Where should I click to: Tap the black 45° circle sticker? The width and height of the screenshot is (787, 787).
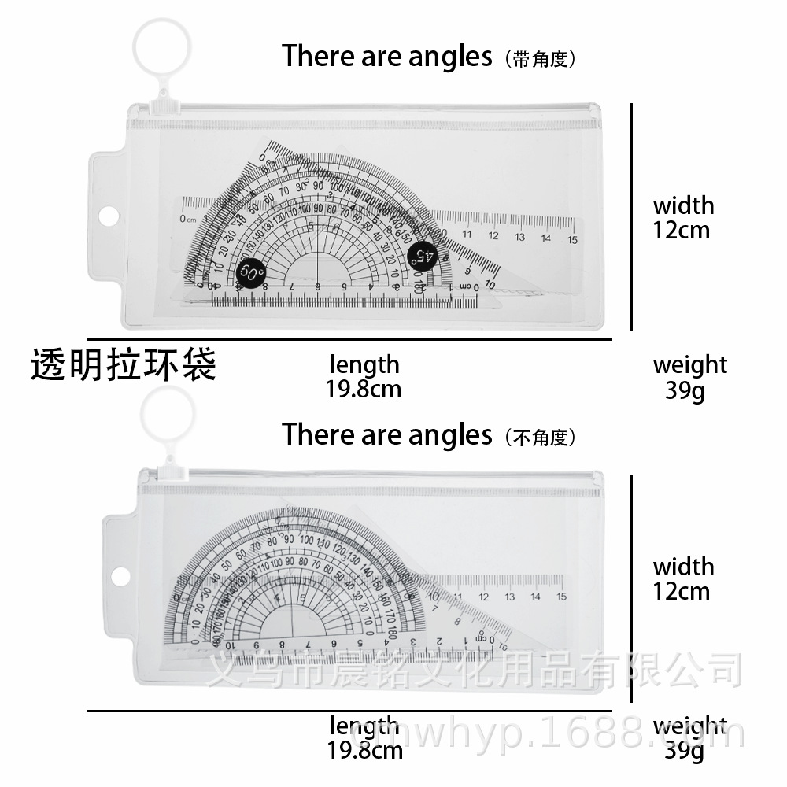(422, 255)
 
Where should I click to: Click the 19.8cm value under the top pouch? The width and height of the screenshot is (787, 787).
(364, 389)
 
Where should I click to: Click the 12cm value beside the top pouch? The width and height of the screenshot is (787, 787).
(682, 231)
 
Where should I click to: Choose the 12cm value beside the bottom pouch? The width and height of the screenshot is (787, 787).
(682, 591)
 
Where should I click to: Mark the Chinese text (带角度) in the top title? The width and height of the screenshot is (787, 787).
(543, 59)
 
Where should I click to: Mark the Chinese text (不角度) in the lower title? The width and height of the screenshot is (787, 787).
(543, 437)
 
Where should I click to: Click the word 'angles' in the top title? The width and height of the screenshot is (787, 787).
(449, 57)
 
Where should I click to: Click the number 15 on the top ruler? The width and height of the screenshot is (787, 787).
(572, 239)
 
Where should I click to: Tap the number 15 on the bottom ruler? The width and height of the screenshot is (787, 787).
(560, 597)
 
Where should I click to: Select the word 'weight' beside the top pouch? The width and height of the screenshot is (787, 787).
(689, 365)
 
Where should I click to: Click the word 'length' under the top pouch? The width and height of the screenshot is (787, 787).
(364, 365)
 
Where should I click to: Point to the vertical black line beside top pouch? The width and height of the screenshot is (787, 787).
(633, 216)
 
